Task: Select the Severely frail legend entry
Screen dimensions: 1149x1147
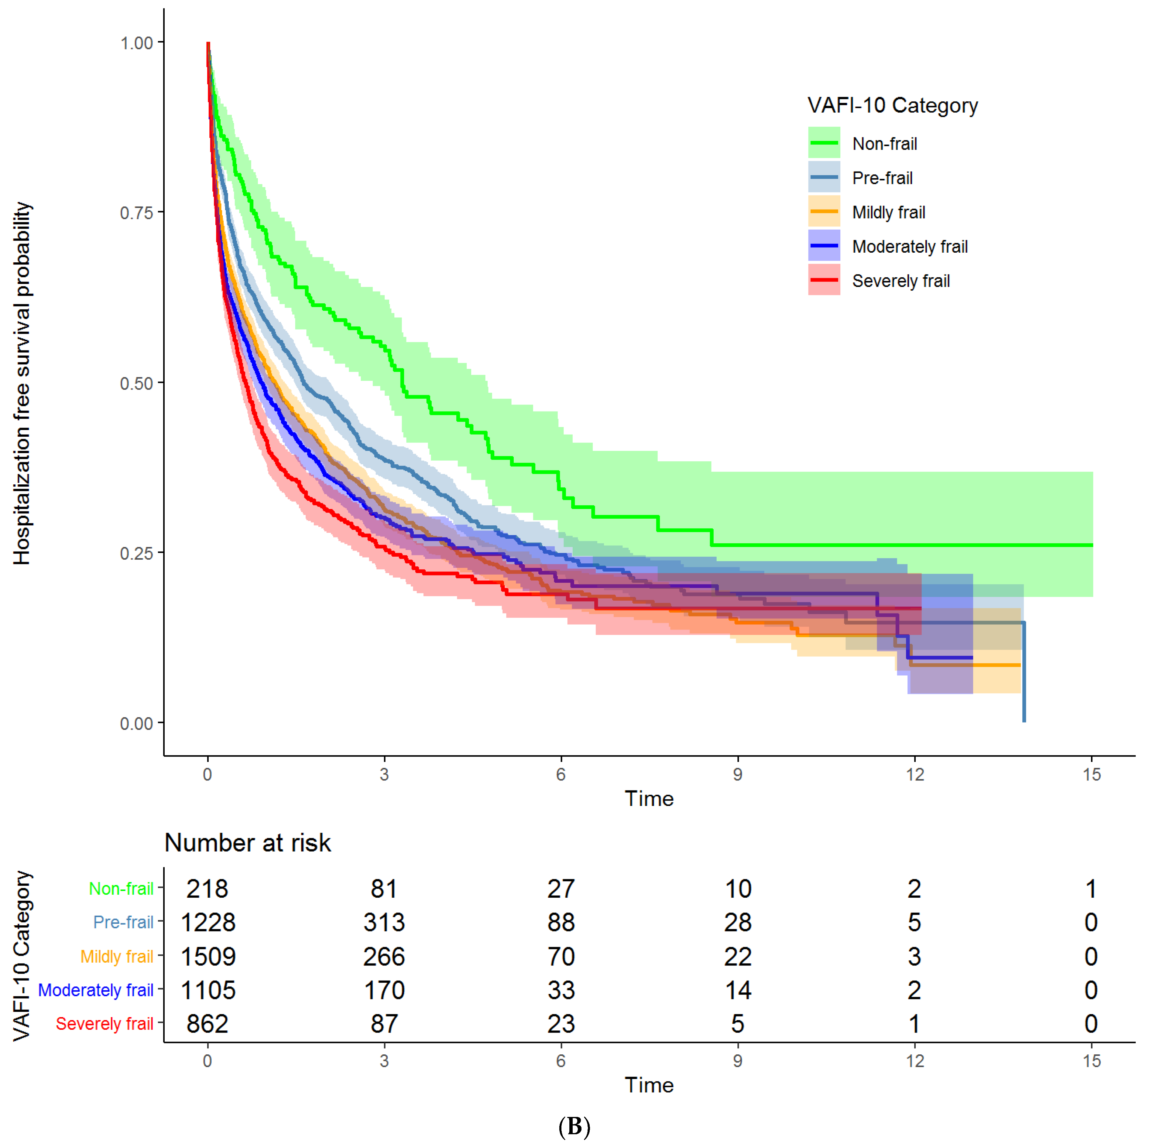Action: (879, 281)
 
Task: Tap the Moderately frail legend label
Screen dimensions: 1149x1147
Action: (910, 246)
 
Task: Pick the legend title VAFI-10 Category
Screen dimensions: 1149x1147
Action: (892, 105)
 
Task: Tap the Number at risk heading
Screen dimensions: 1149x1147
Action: (247, 842)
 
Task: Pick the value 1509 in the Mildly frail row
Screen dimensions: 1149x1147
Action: (208, 957)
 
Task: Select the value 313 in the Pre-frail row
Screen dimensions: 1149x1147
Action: (384, 922)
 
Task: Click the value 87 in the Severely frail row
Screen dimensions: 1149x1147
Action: (384, 1024)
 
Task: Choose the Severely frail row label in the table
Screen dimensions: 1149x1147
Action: (105, 1024)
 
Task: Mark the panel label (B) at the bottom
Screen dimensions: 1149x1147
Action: (574, 1126)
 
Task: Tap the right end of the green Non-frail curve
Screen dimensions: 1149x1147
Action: (1092, 545)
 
